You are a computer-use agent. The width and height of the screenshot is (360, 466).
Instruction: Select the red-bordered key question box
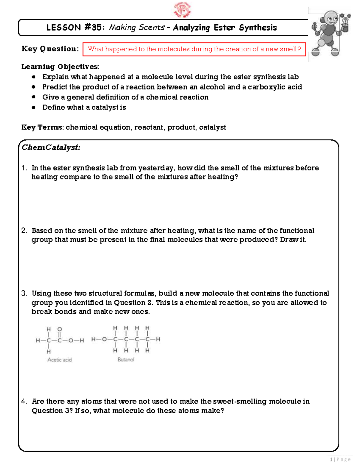point(194,49)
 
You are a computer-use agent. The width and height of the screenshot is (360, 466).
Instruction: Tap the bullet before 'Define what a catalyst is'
point(34,107)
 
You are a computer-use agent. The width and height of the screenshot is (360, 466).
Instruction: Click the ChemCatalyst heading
point(51,147)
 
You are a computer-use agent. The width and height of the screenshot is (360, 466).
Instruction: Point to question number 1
point(24,168)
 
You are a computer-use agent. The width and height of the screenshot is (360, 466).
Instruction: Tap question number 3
point(24,293)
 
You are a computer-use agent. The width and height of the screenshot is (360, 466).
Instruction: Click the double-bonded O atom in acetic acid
point(59,329)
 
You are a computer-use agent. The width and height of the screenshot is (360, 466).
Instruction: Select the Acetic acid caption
point(59,360)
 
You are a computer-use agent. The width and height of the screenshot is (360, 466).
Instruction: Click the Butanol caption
point(126,359)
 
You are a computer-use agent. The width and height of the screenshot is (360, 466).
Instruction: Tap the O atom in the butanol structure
point(104,339)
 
